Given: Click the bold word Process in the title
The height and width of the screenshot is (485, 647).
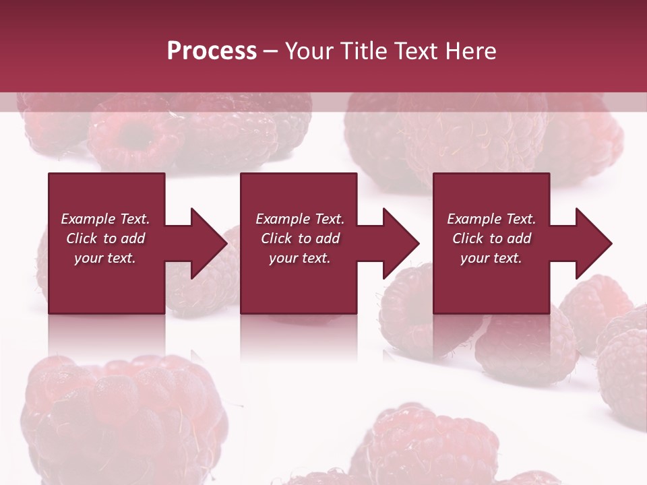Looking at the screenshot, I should pyautogui.click(x=212, y=51).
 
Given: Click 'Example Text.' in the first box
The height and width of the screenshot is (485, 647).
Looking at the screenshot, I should pyautogui.click(x=105, y=219).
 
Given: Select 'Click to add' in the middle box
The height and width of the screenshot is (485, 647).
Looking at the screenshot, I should pyautogui.click(x=300, y=238).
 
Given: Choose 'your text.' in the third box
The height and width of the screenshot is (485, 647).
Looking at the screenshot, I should pyautogui.click(x=491, y=258).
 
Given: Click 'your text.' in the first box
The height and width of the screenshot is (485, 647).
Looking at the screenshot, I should pyautogui.click(x=105, y=258).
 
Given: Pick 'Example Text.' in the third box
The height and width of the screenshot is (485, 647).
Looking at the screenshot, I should pyautogui.click(x=491, y=219).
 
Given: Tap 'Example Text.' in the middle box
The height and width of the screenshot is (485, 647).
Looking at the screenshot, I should pyautogui.click(x=300, y=219).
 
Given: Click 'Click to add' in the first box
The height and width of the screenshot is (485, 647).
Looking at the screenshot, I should pyautogui.click(x=105, y=238).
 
